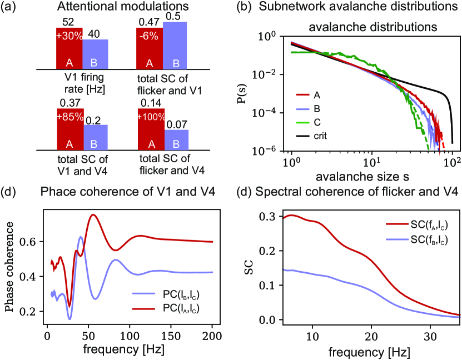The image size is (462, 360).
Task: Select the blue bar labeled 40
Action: click(96, 54)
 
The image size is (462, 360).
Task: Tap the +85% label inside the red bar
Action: click(69, 117)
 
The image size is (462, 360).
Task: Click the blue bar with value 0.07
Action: click(176, 139)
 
